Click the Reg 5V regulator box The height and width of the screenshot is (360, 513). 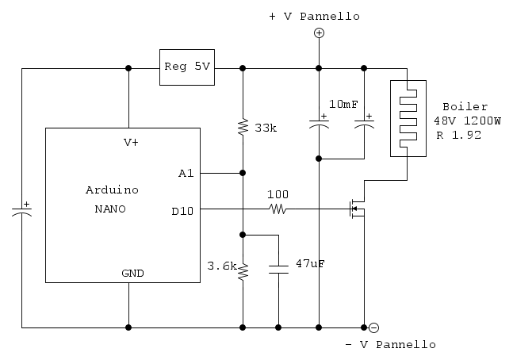pyautogui.click(x=187, y=67)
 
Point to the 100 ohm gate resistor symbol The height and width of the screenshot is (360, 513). pyautogui.click(x=278, y=209)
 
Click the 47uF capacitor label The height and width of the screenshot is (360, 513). pyautogui.click(x=310, y=262)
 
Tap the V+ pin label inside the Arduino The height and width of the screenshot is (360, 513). pyautogui.click(x=131, y=143)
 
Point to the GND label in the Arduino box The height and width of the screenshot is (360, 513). pyautogui.click(x=132, y=273)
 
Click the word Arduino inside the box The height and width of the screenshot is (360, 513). pyautogui.click(x=111, y=190)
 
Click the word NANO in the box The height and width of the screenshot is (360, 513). pyautogui.click(x=111, y=209)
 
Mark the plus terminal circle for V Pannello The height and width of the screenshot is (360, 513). pyautogui.click(x=319, y=33)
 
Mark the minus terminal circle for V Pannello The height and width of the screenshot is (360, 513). pyautogui.click(x=373, y=327)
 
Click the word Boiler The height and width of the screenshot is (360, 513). pyautogui.click(x=465, y=106)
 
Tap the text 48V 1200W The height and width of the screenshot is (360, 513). pyautogui.click(x=467, y=121)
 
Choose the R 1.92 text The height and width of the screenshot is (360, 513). pyautogui.click(x=458, y=135)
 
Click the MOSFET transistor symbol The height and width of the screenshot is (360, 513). pyautogui.click(x=357, y=209)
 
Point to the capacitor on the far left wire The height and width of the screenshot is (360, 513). pyautogui.click(x=22, y=210)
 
